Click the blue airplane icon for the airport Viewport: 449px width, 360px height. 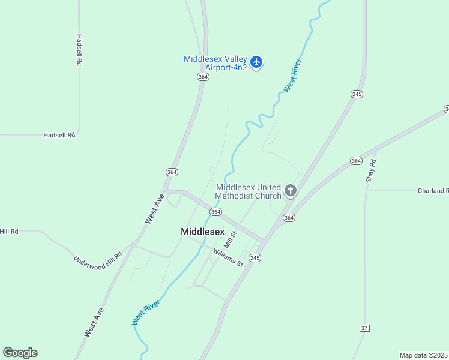(x=257, y=62)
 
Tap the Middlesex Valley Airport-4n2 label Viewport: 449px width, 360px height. (x=215, y=64)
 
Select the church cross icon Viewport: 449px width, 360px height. (x=291, y=191)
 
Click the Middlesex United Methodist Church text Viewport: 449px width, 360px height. (x=249, y=191)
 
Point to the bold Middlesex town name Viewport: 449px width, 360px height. (x=202, y=232)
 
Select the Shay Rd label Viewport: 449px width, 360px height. (x=371, y=170)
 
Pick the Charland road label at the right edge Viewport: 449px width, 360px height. (x=433, y=191)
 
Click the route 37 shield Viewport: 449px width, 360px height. (x=364, y=328)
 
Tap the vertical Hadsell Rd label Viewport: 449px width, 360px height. (x=79, y=50)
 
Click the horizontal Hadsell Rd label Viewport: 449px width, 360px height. (x=59, y=135)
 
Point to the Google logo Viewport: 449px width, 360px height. (x=20, y=353)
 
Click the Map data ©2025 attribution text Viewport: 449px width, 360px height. (x=423, y=355)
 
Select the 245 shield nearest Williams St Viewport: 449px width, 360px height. (x=255, y=257)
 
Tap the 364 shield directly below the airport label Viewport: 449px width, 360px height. (x=203, y=77)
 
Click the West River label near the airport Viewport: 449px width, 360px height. (x=292, y=75)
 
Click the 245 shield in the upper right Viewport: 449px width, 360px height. (x=357, y=94)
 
